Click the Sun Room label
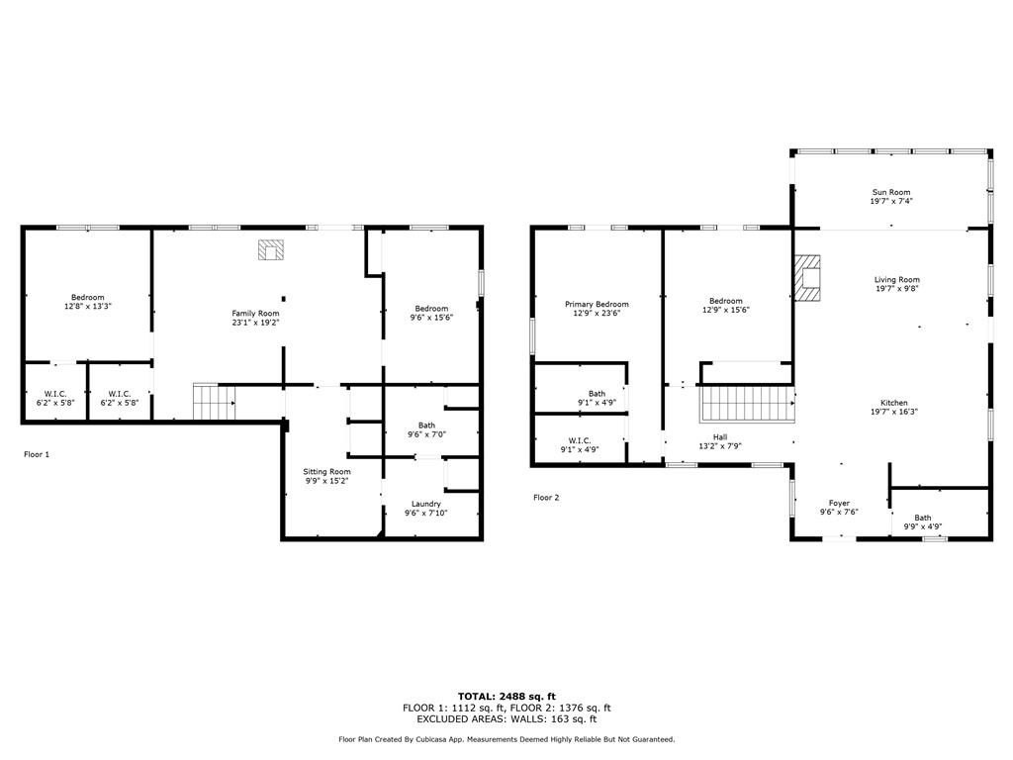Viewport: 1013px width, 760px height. tap(891, 192)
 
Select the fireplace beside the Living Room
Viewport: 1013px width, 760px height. tap(807, 278)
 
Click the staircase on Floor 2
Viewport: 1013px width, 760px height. tap(748, 404)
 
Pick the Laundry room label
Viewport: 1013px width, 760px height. tap(426, 504)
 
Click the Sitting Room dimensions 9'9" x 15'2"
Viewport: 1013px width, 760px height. tap(326, 482)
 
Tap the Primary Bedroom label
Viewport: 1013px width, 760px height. tap(597, 304)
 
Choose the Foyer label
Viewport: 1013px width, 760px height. tap(839, 503)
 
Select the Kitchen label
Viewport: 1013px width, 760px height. tap(894, 403)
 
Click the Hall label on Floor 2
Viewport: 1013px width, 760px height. tap(720, 436)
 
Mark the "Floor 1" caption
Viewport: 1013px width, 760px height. tap(37, 454)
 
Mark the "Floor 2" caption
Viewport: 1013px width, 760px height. tap(546, 498)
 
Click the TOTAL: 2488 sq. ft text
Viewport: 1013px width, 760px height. tap(506, 696)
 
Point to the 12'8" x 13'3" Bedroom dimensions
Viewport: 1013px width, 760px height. tap(87, 307)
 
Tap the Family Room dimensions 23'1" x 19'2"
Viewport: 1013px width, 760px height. tap(255, 323)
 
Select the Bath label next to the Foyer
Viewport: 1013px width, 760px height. tap(922, 518)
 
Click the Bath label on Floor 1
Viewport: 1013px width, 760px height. tap(426, 426)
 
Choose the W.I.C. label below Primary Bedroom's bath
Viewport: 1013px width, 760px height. tap(580, 440)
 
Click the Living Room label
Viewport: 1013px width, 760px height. tap(896, 279)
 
